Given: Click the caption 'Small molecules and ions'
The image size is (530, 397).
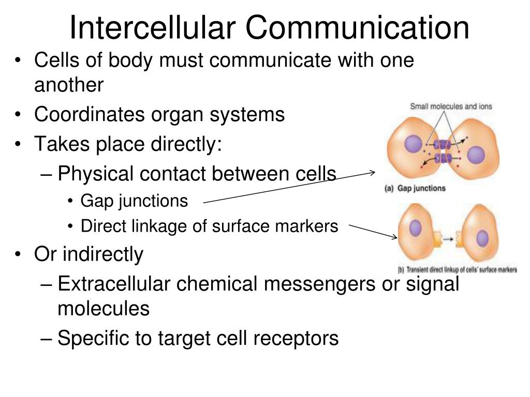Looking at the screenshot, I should point(451,106).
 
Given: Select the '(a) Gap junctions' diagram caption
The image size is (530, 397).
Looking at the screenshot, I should point(415,188).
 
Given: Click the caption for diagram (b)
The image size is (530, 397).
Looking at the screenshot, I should point(457,270).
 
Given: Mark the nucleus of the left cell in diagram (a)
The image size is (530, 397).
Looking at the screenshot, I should point(414,144).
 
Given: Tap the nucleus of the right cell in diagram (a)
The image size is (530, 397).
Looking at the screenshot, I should point(476,155).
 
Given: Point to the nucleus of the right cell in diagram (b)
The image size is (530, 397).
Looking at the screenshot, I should point(482,238).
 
